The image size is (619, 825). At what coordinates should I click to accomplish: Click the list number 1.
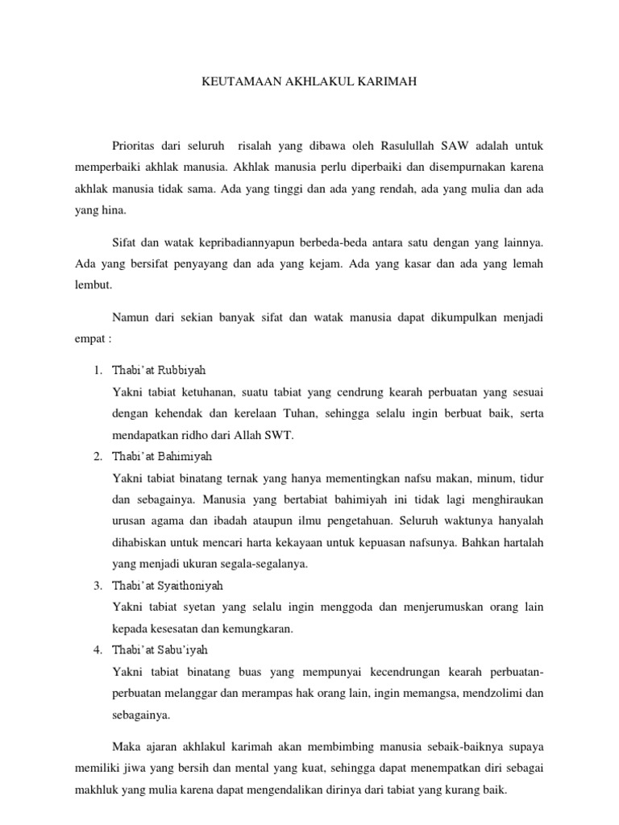click(x=96, y=371)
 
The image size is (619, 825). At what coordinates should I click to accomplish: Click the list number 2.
click(x=96, y=457)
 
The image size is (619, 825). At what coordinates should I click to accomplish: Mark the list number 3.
click(x=96, y=586)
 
